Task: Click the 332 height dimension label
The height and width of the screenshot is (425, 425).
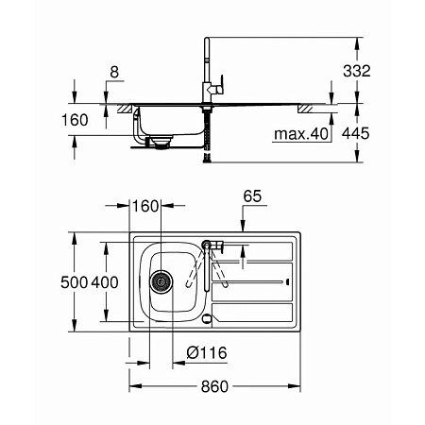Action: (357, 71)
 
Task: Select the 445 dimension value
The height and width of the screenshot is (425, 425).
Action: (356, 133)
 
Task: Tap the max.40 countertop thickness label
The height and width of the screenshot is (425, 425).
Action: (301, 134)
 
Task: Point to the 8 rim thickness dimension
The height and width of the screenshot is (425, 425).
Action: (114, 72)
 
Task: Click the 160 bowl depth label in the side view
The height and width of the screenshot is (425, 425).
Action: (75, 120)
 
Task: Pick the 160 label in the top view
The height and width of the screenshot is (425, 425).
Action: (145, 206)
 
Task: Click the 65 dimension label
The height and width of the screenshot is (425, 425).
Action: (252, 196)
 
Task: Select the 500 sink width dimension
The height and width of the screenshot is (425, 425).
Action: (74, 282)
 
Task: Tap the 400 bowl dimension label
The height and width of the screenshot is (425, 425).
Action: (105, 282)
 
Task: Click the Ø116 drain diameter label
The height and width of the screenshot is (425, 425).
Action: (207, 353)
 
